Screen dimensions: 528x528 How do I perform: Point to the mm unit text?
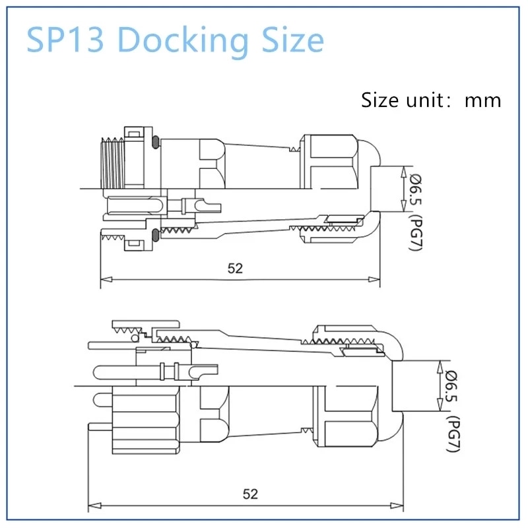(482, 100)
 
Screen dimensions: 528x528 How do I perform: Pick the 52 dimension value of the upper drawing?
(235, 268)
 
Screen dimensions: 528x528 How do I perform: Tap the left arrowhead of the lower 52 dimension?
(92, 507)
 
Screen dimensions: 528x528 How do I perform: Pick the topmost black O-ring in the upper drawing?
(154, 141)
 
